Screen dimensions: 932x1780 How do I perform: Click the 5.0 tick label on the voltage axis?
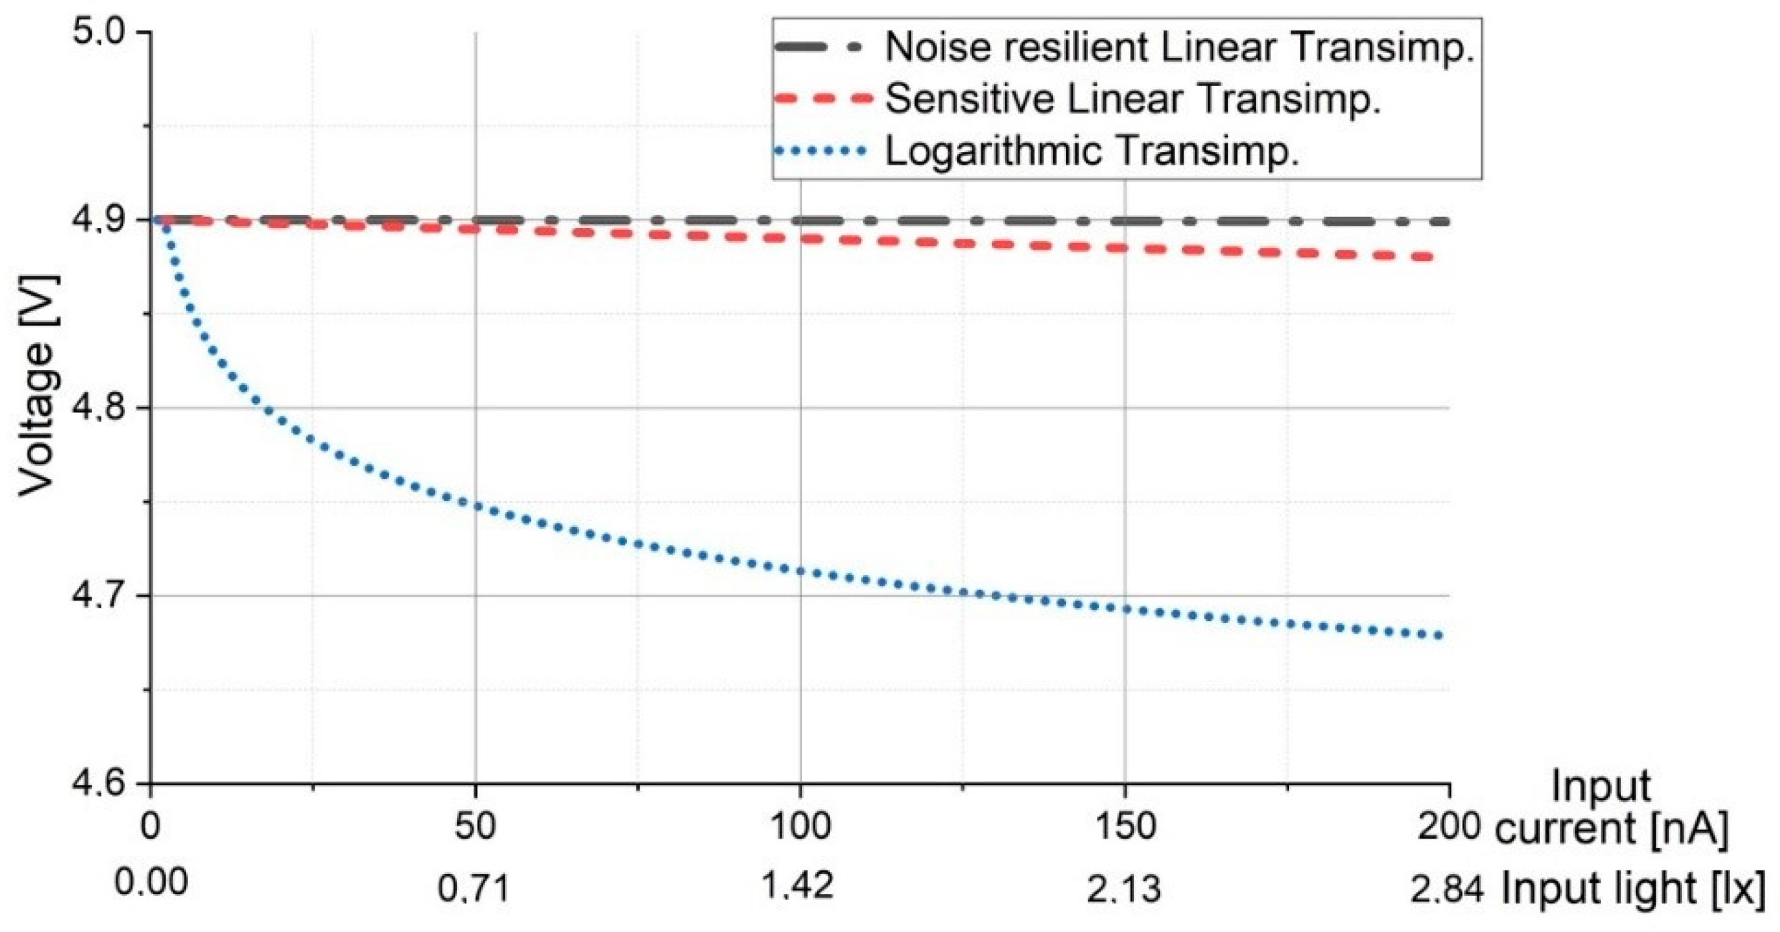[x=103, y=33]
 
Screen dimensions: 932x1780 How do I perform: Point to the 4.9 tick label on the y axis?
[x=103, y=221]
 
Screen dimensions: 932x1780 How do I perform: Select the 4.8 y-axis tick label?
[x=103, y=409]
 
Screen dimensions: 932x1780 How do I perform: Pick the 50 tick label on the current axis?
[x=475, y=826]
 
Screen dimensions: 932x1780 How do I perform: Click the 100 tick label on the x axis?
[x=800, y=826]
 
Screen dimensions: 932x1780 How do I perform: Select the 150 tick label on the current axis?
[x=1125, y=826]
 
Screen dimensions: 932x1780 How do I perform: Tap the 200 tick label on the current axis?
[x=1449, y=826]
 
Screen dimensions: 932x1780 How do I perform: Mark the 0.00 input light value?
[x=151, y=883]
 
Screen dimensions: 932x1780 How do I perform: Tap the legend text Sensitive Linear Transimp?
[x=1133, y=99]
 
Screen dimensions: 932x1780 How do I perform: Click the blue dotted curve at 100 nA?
[x=800, y=572]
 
